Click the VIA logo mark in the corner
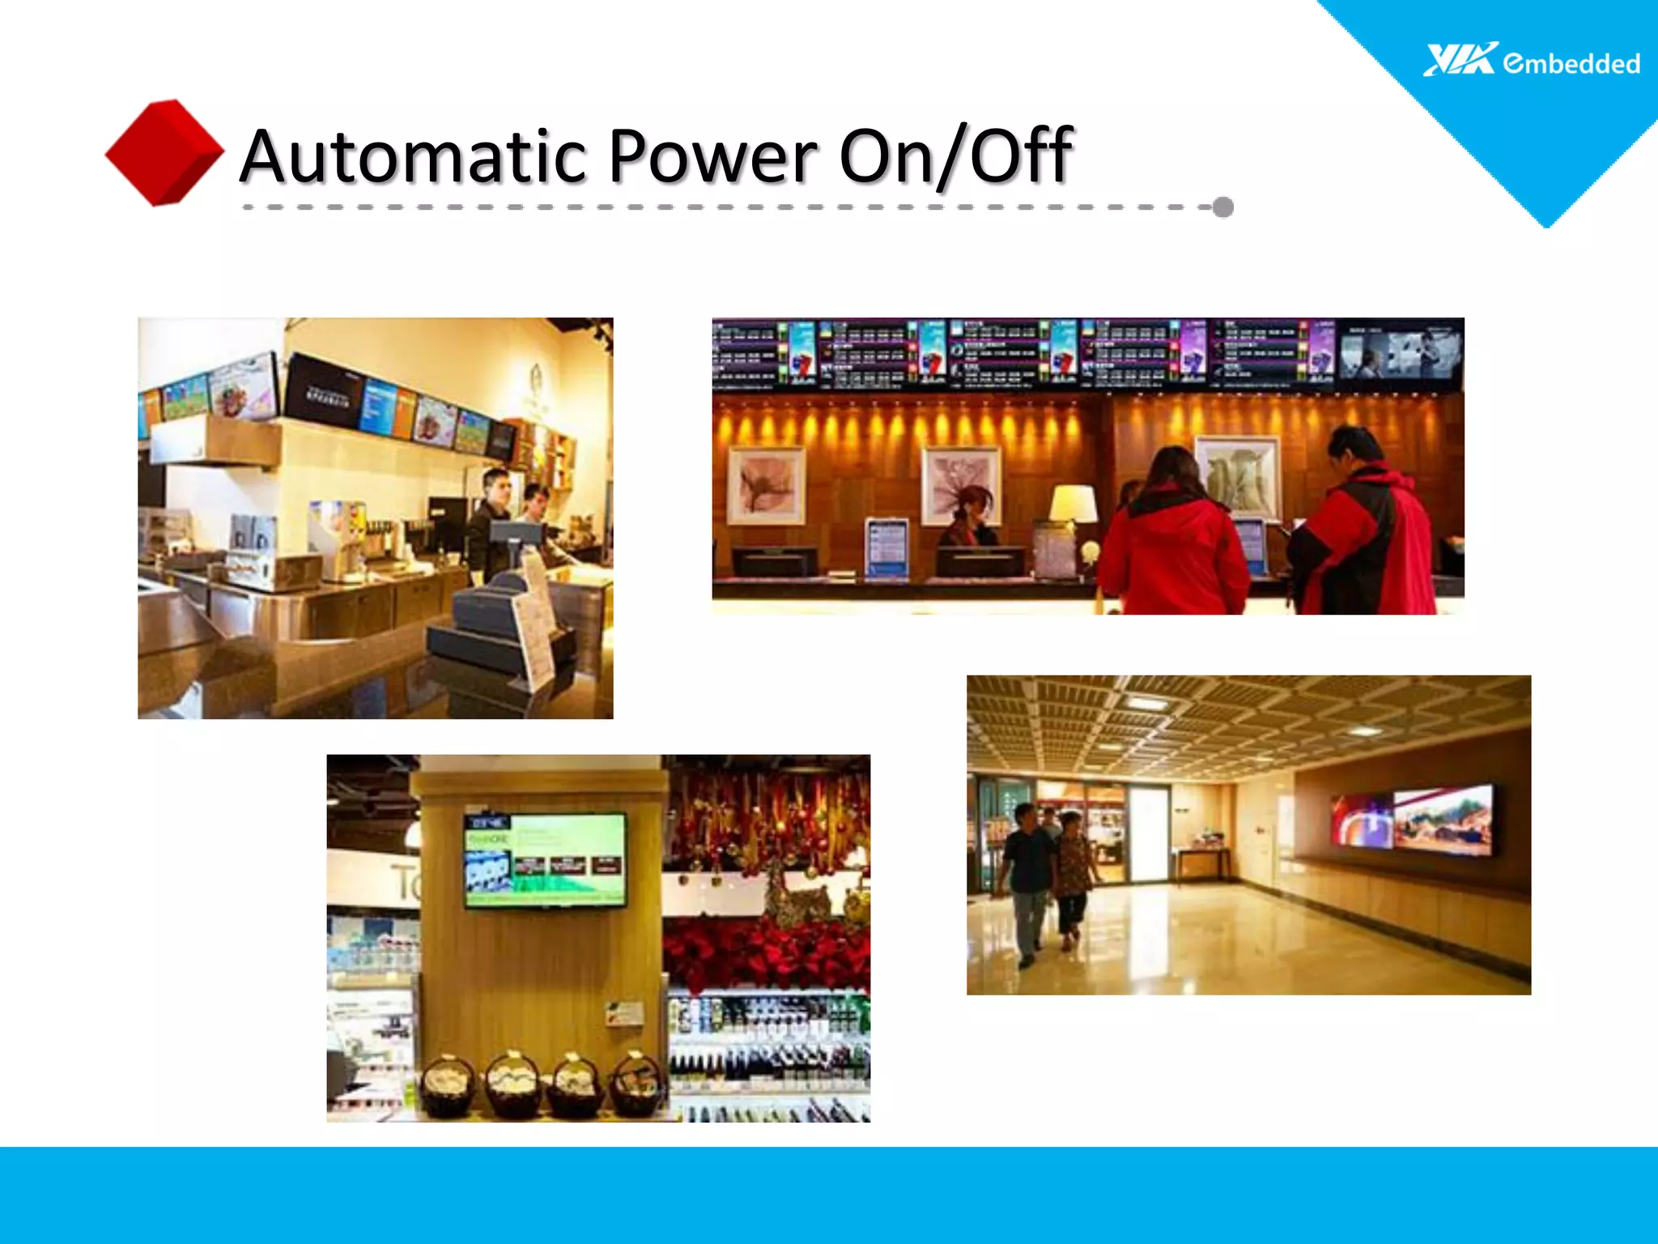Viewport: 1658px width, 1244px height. point(1460,60)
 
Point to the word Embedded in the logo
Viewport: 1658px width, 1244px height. point(1571,63)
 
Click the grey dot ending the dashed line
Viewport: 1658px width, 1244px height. point(1223,207)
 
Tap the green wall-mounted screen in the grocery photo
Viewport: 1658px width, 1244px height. point(545,859)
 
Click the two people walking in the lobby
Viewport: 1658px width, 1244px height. point(1046,879)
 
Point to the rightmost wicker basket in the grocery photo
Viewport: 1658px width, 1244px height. point(636,1083)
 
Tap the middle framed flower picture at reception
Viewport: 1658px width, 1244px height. point(961,484)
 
